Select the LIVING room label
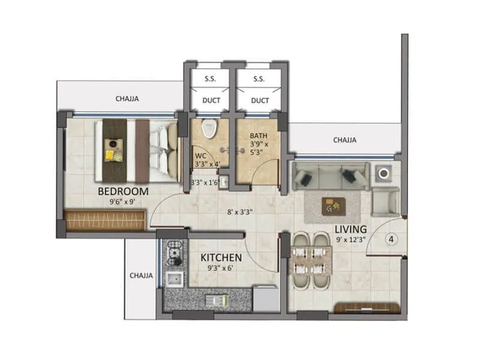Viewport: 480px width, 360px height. pyautogui.click(x=350, y=229)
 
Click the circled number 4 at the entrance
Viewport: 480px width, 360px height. pyautogui.click(x=391, y=239)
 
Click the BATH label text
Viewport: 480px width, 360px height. pyautogui.click(x=259, y=136)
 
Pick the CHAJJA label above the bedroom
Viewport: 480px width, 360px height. pyautogui.click(x=127, y=99)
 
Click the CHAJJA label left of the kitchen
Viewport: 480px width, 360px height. pyautogui.click(x=142, y=275)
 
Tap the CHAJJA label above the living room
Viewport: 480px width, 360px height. pyautogui.click(x=344, y=140)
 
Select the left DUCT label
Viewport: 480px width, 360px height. pyautogui.click(x=210, y=100)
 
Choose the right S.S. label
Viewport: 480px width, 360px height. pyautogui.click(x=259, y=79)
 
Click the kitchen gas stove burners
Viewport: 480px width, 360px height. pyautogui.click(x=174, y=254)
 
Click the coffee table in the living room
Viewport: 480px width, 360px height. pyautogui.click(x=332, y=206)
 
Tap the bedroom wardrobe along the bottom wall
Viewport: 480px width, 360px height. pyautogui.click(x=105, y=220)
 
